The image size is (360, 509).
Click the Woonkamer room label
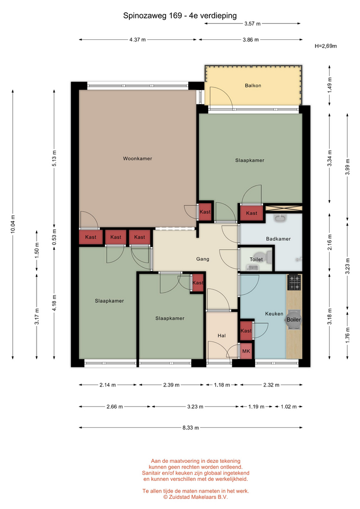point(137,159)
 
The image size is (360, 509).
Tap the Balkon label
point(253,86)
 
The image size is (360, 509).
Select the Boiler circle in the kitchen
point(293,320)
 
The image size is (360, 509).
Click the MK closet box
point(247,351)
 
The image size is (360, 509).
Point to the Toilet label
point(256,259)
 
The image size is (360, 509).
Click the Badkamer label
point(278,239)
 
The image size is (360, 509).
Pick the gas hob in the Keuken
point(295,282)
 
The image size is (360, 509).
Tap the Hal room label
point(222,336)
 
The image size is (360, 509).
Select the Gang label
point(203,259)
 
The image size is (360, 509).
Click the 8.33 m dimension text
point(190,428)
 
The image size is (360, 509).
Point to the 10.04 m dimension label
point(13,224)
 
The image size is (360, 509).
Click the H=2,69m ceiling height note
point(326,46)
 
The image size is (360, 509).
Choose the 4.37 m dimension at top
point(138,40)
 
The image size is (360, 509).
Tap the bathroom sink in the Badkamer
point(280,218)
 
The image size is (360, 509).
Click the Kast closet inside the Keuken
point(246,331)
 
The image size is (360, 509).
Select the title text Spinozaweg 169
point(153,15)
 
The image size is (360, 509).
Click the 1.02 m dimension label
point(288,407)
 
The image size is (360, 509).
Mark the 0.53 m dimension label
point(54,237)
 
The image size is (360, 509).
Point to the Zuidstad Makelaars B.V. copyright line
point(196,497)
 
